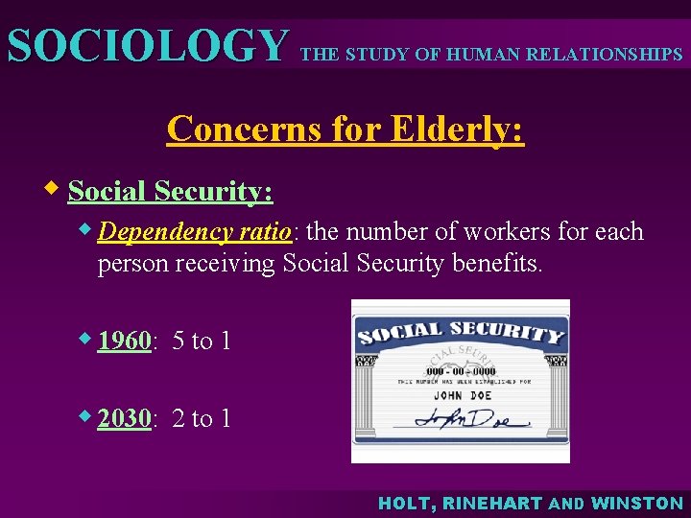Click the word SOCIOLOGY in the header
tap(147, 45)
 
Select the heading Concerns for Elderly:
tap(345, 128)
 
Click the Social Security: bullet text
tap(171, 192)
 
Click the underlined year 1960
tap(125, 341)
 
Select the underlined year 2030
tap(125, 418)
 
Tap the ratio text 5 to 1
tap(202, 341)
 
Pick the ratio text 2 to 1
tap(202, 418)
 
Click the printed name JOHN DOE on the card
tap(461, 393)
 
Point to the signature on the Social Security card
tap(470, 419)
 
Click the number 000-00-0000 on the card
tap(461, 369)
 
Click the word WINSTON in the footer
tap(637, 504)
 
